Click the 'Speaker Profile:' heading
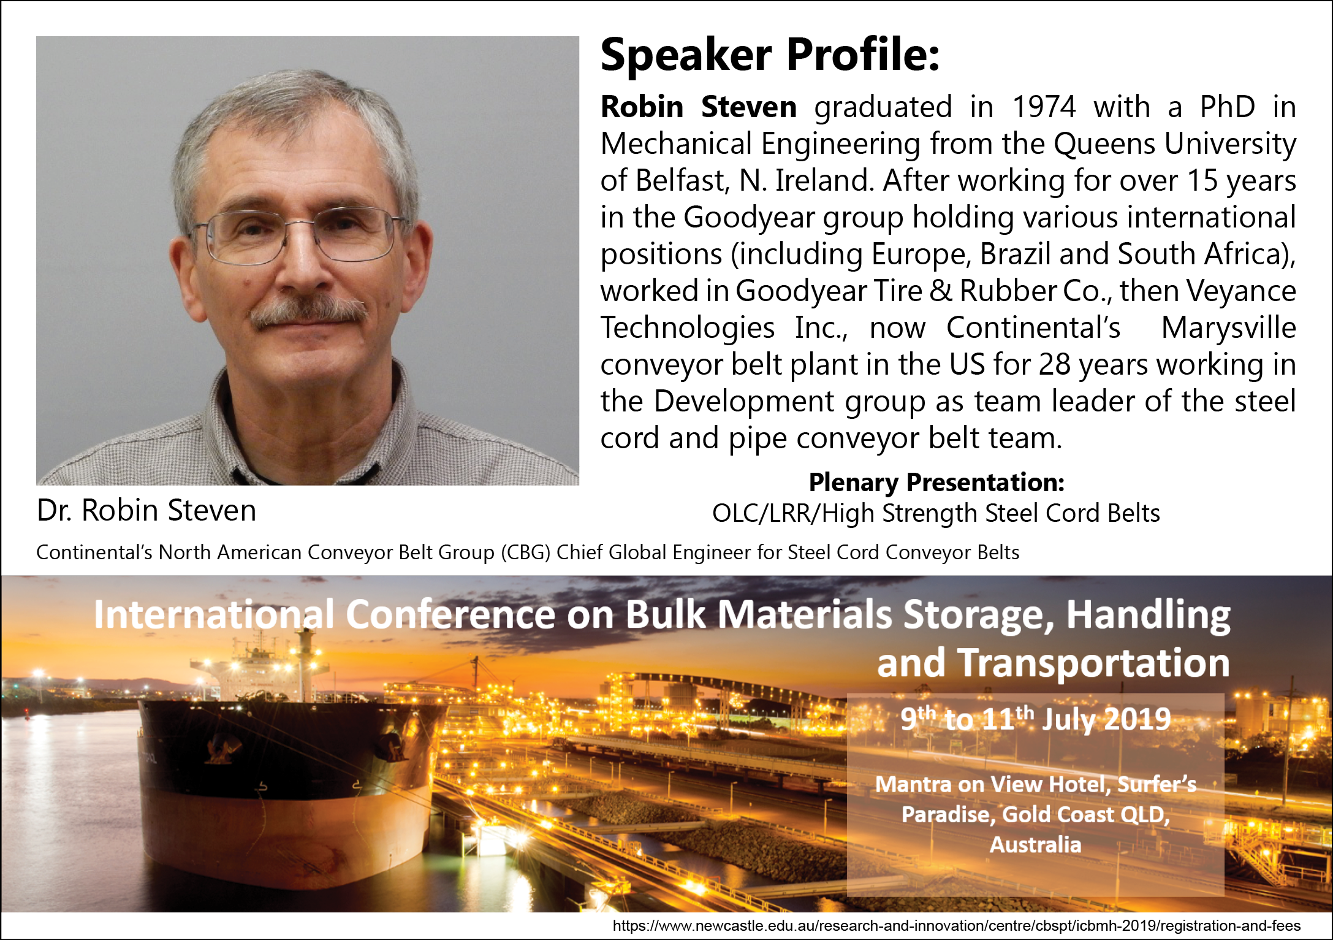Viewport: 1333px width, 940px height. coord(770,55)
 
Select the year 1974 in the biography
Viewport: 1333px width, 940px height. coord(1044,107)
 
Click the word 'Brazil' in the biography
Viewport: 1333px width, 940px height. coord(1015,254)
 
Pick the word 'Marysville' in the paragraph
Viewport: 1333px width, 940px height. coord(1229,328)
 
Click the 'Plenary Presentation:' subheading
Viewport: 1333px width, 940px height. coord(936,483)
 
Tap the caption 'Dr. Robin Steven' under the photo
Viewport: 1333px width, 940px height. coord(146,510)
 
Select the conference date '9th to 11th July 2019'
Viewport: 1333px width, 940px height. coord(1035,719)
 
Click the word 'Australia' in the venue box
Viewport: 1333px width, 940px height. coord(1036,845)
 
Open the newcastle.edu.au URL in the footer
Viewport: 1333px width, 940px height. coord(957,926)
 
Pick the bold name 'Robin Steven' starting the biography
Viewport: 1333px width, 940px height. coord(699,107)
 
